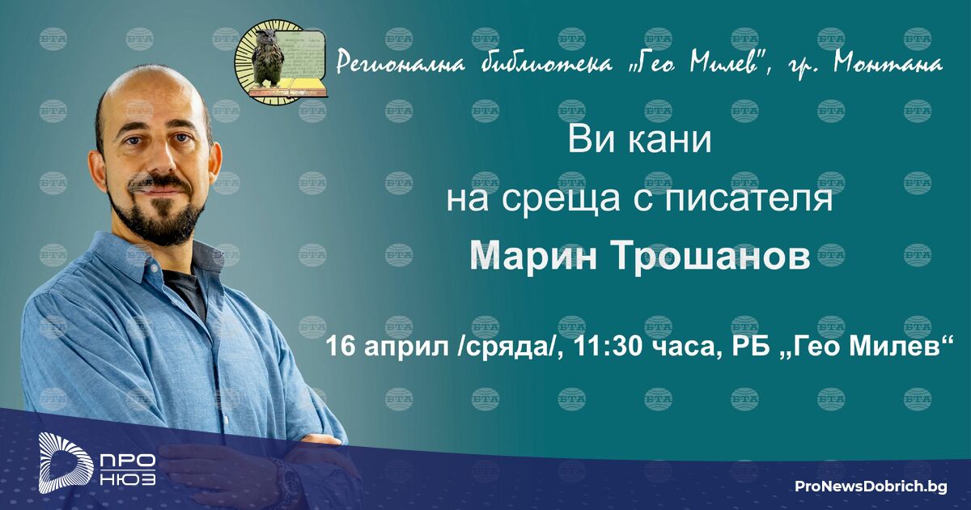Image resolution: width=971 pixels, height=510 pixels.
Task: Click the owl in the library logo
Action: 267,58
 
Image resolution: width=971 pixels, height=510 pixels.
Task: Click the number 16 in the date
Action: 341,346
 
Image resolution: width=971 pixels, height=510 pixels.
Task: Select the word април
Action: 406,349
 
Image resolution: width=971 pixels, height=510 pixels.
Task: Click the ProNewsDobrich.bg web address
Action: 871,487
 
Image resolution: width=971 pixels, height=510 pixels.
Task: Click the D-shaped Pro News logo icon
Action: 64,462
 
